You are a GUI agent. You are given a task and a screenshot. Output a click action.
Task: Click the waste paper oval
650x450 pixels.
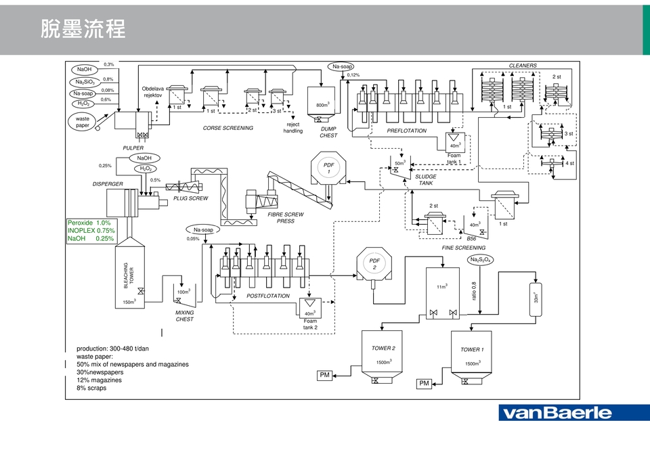(83, 122)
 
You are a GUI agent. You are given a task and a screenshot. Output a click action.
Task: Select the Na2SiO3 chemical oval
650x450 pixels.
(85, 82)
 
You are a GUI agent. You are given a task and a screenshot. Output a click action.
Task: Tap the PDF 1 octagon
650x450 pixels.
(329, 168)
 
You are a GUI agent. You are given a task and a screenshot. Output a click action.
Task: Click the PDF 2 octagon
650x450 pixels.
(374, 265)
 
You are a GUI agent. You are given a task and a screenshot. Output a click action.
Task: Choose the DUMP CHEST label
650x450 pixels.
(328, 132)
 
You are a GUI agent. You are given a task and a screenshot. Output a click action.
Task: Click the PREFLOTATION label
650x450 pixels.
(406, 131)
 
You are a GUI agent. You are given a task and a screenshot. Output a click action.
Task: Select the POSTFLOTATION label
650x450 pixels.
(267, 296)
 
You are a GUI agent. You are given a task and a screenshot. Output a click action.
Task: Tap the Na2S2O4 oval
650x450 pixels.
(481, 260)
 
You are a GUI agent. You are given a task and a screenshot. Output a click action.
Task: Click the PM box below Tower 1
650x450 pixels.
(425, 384)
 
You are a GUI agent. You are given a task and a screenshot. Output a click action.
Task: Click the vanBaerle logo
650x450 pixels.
(555, 413)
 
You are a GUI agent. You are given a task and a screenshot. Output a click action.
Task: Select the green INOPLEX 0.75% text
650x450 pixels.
(91, 231)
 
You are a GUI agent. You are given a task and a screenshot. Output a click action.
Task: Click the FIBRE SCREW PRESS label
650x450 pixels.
(286, 217)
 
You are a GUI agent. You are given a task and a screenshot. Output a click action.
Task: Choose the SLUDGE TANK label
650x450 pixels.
(425, 180)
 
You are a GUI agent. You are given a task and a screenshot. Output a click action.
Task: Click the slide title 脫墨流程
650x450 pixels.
(83, 30)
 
